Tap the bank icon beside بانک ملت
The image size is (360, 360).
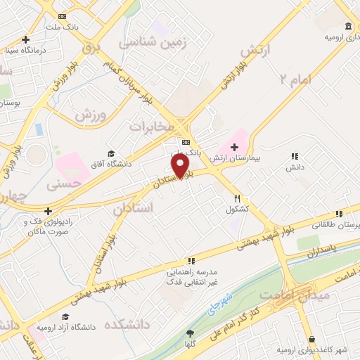[63, 16]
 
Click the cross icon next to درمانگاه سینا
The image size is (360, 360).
[26, 39]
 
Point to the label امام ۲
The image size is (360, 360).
[295, 79]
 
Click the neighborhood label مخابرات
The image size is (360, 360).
[150, 126]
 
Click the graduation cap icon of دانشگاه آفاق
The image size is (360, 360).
[110, 153]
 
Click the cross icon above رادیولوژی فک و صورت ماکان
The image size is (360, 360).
[48, 210]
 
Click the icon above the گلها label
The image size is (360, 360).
[189, 333]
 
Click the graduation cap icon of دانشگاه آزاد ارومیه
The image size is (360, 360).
[65, 317]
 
